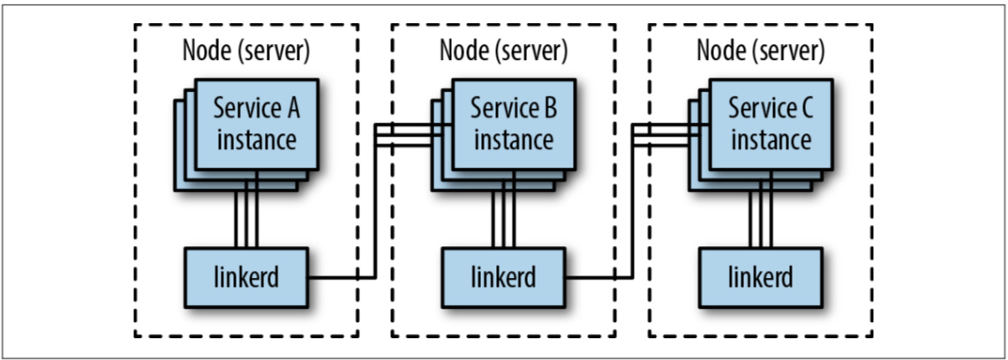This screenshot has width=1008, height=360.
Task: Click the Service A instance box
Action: click(x=256, y=124)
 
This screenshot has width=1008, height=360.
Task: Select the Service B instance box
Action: click(x=513, y=124)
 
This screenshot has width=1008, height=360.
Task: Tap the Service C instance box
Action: click(x=771, y=124)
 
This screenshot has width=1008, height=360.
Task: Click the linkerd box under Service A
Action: click(x=244, y=276)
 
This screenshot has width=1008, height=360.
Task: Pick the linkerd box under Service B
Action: click(x=502, y=276)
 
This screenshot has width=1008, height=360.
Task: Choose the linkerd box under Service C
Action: click(x=760, y=276)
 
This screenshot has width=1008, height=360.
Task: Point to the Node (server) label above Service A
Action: click(x=245, y=50)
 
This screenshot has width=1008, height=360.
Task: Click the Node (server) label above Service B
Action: click(x=503, y=50)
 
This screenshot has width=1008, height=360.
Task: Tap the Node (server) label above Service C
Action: click(x=761, y=50)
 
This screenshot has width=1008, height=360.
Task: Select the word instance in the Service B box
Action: click(x=513, y=139)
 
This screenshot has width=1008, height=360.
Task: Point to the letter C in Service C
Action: click(x=803, y=110)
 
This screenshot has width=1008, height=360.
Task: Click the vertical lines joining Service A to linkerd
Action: click(x=245, y=216)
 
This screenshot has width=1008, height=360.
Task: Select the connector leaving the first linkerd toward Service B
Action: click(x=340, y=277)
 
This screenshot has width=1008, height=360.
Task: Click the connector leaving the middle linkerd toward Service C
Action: click(x=598, y=277)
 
